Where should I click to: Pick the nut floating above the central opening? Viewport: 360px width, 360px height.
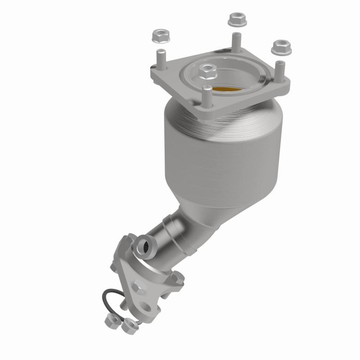coord(207,70)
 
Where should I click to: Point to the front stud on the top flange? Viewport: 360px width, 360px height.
coord(207,95)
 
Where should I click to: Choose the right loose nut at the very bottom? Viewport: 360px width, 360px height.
coord(129,324)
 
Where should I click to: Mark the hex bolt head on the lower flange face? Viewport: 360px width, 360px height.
coord(138,284)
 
